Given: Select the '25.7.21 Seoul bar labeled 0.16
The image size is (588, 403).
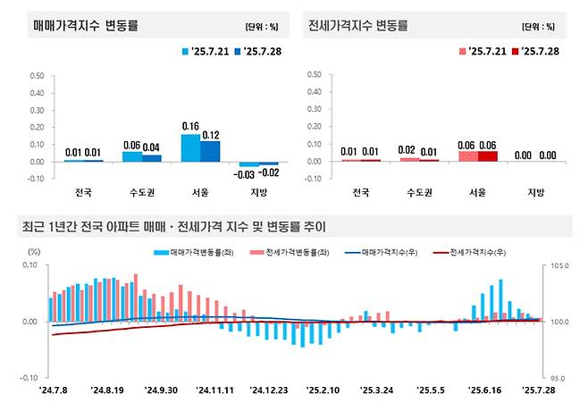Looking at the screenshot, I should click(190, 147).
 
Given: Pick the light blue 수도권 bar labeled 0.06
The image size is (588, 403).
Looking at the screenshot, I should click(131, 156).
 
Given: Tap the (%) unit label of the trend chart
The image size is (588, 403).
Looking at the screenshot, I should click(35, 252).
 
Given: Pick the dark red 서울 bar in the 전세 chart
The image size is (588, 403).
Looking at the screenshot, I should click(488, 156).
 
